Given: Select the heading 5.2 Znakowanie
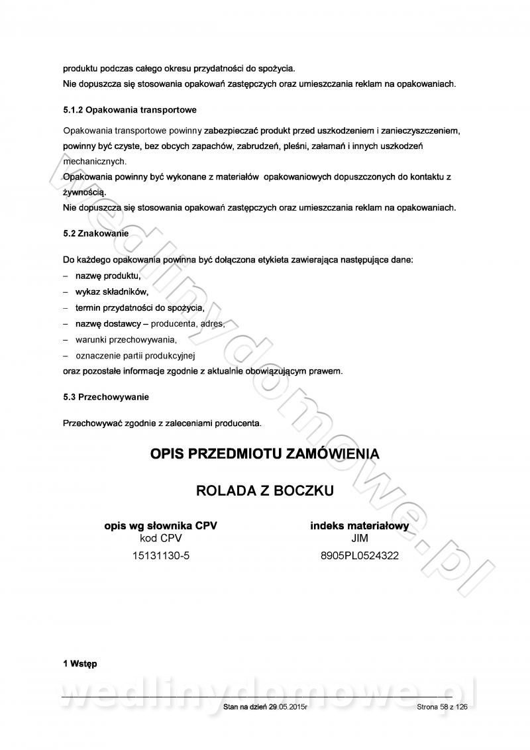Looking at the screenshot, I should pos(95,233).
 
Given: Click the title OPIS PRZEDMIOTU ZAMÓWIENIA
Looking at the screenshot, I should pos(265,455).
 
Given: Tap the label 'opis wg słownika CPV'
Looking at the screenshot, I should pos(161,526).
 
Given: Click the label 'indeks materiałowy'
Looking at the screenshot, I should pos(359,526).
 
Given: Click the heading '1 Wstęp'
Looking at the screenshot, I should pos(79,664).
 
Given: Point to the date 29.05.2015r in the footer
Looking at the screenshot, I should pos(288,708).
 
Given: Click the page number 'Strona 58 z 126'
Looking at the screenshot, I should pos(443,708).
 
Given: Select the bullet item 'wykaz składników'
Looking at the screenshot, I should pos(112,292).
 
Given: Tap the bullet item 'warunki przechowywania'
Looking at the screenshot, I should pos(126,340).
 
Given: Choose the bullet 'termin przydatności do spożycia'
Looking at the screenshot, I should pos(139,308).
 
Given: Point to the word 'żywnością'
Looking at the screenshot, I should pos(84,191).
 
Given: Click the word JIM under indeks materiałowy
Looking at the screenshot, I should pos(359,539).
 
